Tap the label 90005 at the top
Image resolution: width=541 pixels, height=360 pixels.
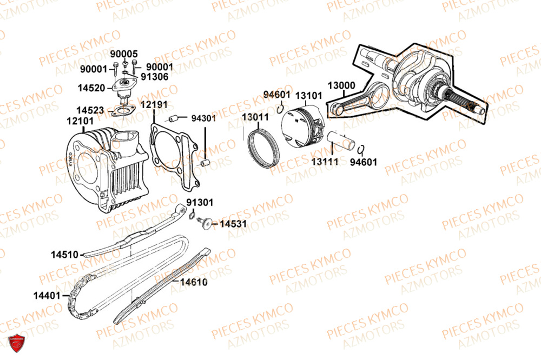pos(124,54)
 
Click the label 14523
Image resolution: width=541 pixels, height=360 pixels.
pos(89,110)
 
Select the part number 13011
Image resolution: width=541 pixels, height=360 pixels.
pos(255,117)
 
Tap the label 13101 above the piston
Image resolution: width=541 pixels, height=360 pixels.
pos(309,96)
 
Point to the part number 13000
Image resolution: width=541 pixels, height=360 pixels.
pos(341,85)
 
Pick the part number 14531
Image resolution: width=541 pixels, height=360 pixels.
pos(233,223)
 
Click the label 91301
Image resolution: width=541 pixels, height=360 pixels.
pos(200,202)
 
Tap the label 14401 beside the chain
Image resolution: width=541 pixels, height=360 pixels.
pos(47,296)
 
